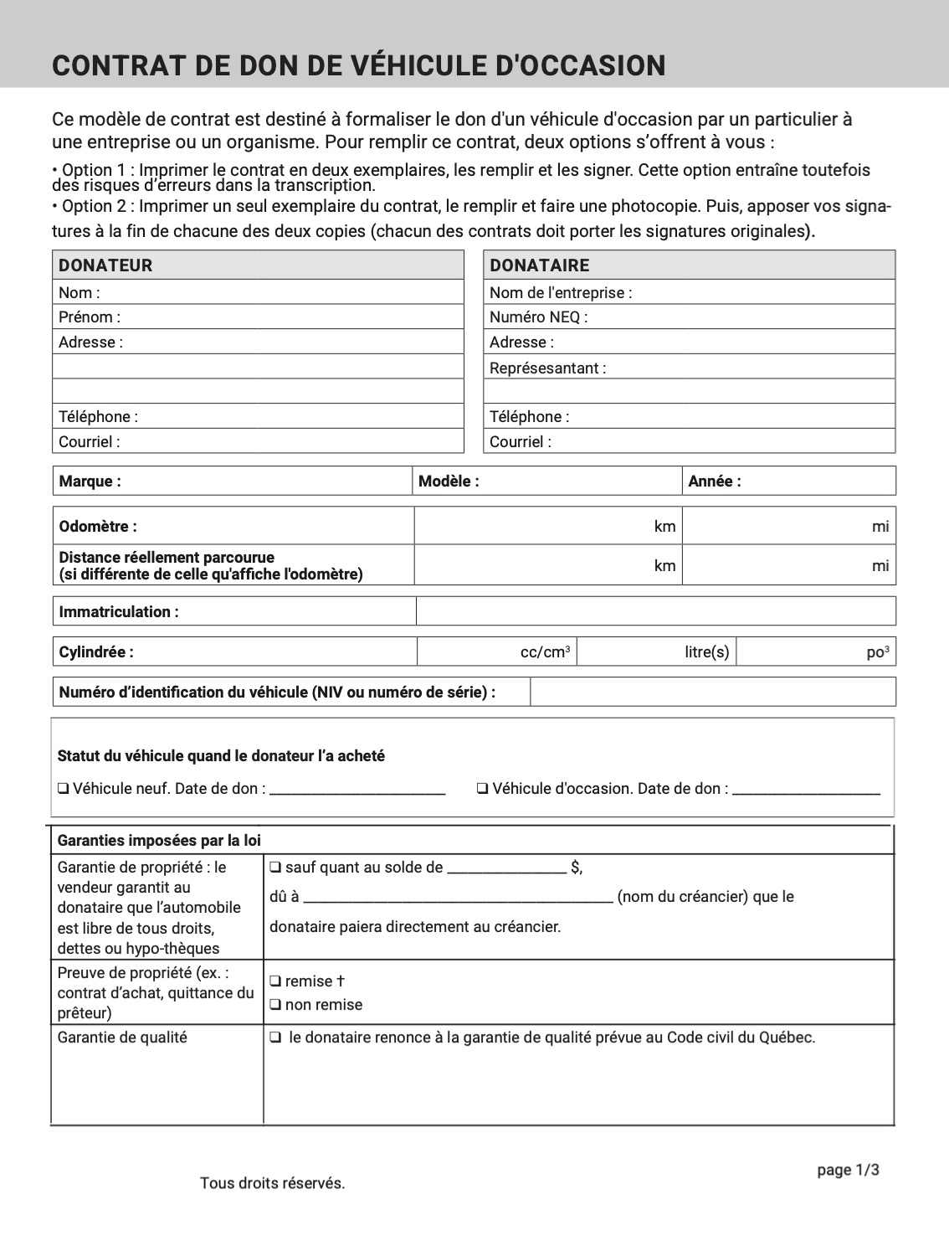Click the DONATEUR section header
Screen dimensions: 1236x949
pyautogui.click(x=105, y=265)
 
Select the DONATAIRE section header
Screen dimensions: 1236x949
pyautogui.click(x=539, y=265)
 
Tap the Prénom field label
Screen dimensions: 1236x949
pyautogui.click(x=90, y=317)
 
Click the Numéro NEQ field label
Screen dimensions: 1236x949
pyautogui.click(x=538, y=317)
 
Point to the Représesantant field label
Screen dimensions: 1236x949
pyautogui.click(x=547, y=368)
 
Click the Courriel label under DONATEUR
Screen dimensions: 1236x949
pyautogui.click(x=89, y=441)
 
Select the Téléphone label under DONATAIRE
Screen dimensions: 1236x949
pyautogui.click(x=529, y=416)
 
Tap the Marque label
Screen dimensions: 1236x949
pyautogui.click(x=90, y=482)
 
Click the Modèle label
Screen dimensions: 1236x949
pyautogui.click(x=449, y=482)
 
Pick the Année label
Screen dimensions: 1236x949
pyautogui.click(x=714, y=482)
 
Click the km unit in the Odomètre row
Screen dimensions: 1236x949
pyautogui.click(x=664, y=527)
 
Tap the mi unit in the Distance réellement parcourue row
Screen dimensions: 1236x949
pyautogui.click(x=880, y=566)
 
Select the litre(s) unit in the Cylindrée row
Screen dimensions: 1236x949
pyautogui.click(x=707, y=652)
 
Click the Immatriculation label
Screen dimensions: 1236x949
pyautogui.click(x=118, y=612)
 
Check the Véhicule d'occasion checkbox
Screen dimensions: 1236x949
pyautogui.click(x=482, y=789)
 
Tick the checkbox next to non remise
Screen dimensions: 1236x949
pyautogui.click(x=275, y=1005)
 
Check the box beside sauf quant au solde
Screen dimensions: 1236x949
pyautogui.click(x=275, y=868)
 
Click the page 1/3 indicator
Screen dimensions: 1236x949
pyautogui.click(x=848, y=1171)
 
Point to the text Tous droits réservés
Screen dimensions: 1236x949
pyautogui.click(x=272, y=1183)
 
